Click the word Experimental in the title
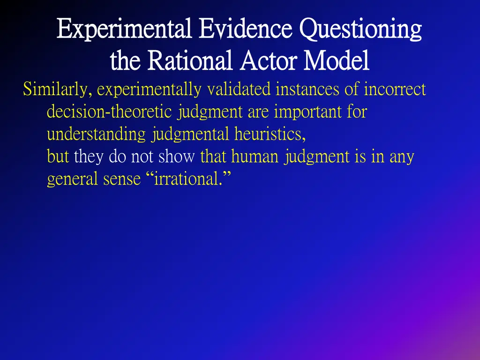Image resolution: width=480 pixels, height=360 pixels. tap(124, 29)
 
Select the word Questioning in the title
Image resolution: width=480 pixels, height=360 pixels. tap(360, 29)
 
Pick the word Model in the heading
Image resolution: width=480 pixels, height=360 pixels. tap(336, 61)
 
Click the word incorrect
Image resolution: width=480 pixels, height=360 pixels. tap(395, 89)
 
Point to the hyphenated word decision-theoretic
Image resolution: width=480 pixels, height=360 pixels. tap(111, 112)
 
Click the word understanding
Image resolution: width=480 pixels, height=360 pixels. tap(96, 135)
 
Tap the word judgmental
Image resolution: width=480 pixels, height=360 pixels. tap(190, 135)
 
